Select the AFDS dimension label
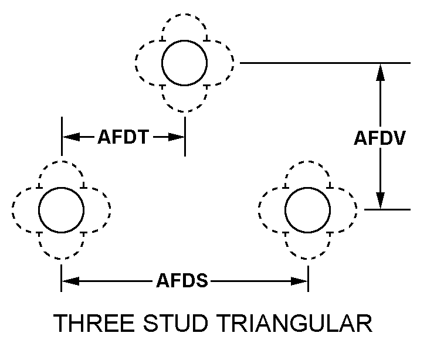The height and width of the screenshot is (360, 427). click(182, 282)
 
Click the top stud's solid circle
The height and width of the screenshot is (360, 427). click(184, 63)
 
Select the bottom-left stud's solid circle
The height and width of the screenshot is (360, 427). click(61, 209)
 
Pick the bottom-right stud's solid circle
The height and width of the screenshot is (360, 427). click(307, 209)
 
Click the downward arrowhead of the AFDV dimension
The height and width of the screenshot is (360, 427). click(380, 201)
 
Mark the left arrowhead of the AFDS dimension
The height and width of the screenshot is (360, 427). click(69, 282)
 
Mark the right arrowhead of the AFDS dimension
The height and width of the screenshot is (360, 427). click(300, 282)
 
